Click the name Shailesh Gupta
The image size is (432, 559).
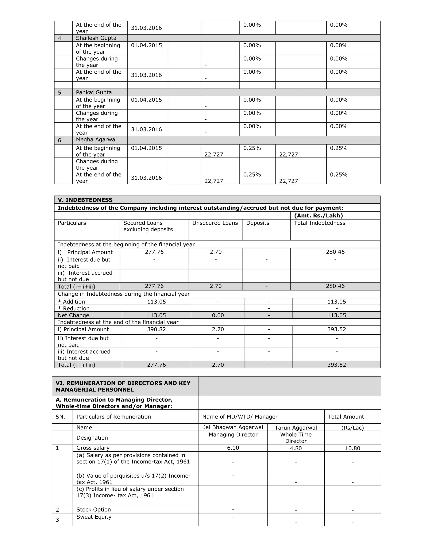pos(96,38)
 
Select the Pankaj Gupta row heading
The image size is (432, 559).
pos(94,92)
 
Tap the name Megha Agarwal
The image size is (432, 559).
pos(96,139)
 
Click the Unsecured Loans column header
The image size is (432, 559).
pos(215,223)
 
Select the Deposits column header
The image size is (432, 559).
pos(258,223)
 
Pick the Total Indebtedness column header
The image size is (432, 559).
pos(319,223)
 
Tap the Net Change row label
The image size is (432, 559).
pos(73,315)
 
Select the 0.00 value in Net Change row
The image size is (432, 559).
pos(218,315)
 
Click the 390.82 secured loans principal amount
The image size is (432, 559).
pos(156,329)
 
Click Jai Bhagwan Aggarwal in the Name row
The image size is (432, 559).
pos(233,427)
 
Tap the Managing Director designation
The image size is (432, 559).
pos(233,435)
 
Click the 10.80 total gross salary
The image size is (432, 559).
pos(352,448)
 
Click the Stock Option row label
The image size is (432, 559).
pos(93,510)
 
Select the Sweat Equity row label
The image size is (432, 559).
pos(94,517)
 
